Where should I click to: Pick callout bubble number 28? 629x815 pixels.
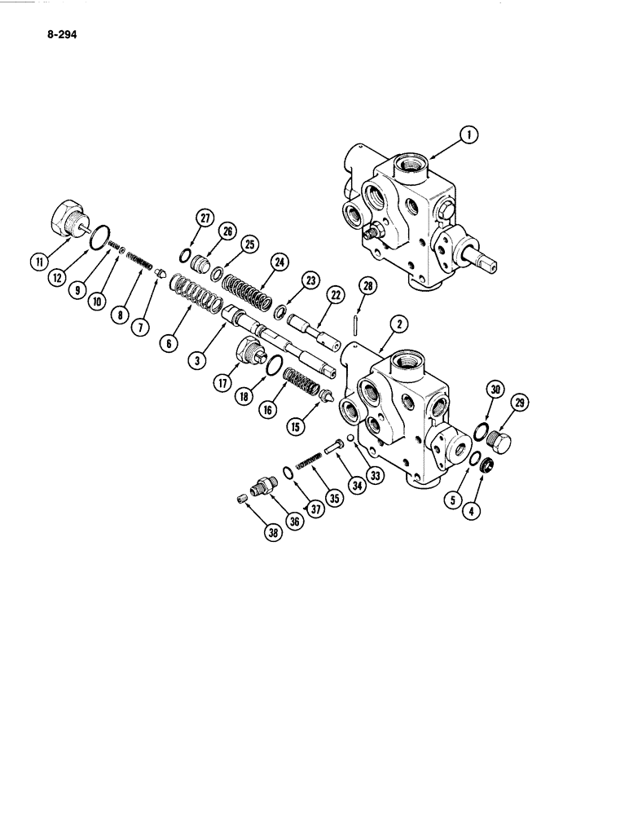[367, 286]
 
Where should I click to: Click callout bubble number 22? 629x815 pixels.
[333, 294]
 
